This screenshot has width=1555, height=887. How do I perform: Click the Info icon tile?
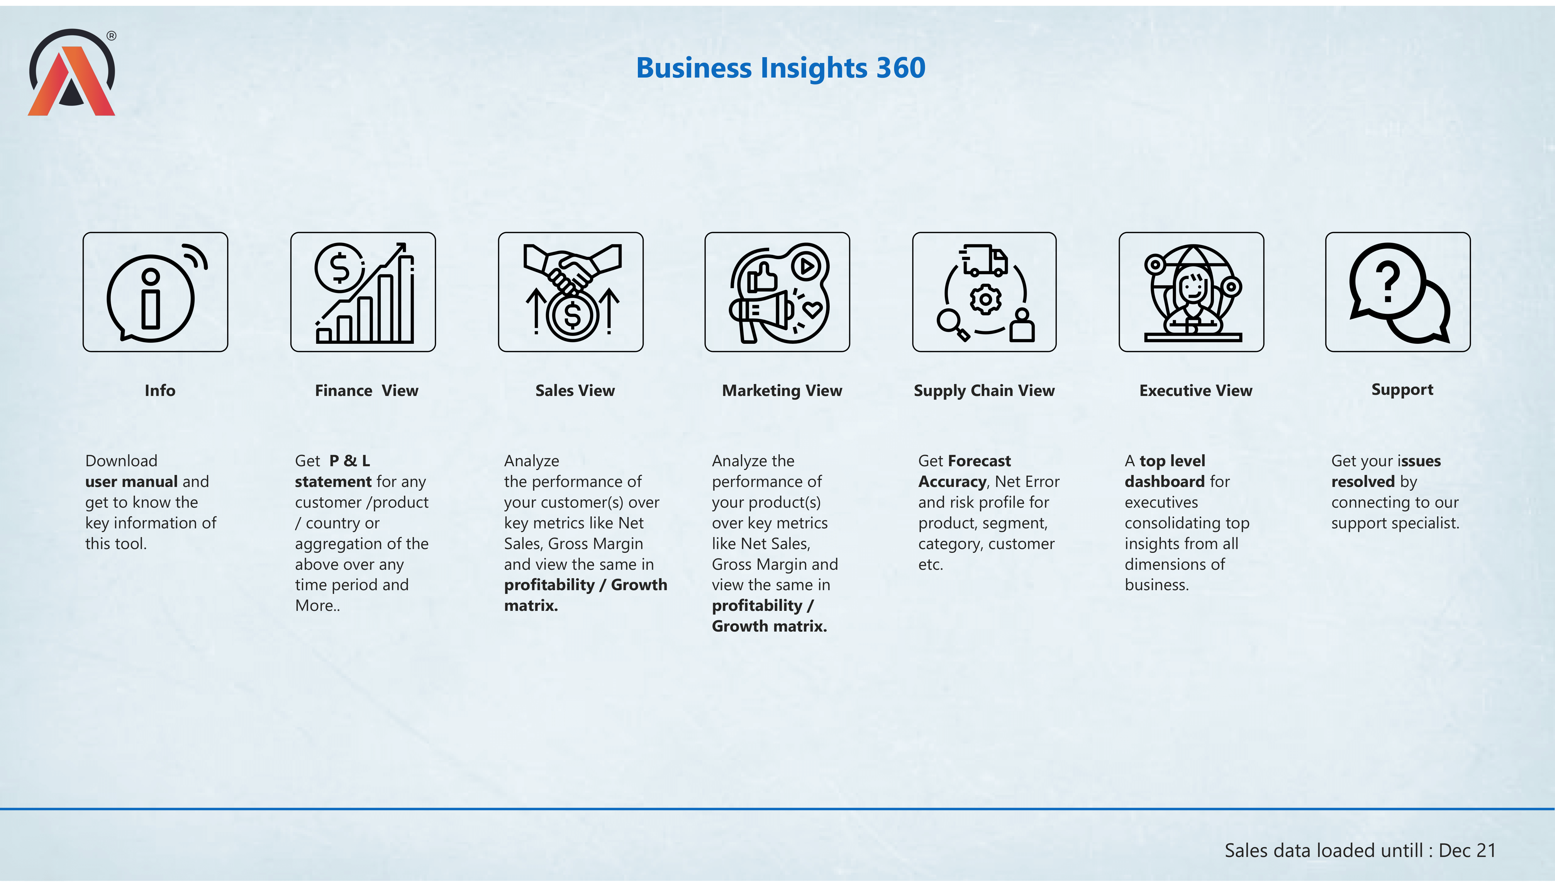pyautogui.click(x=155, y=292)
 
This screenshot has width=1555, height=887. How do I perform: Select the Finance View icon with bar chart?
pyautogui.click(x=363, y=292)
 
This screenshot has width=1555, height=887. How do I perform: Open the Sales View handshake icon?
pyautogui.click(x=571, y=292)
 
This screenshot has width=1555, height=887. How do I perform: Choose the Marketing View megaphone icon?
pyautogui.click(x=777, y=292)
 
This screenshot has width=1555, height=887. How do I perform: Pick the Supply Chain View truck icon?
pyautogui.click(x=984, y=292)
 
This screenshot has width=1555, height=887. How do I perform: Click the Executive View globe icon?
pyautogui.click(x=1191, y=292)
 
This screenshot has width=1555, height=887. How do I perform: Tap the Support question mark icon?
pyautogui.click(x=1398, y=292)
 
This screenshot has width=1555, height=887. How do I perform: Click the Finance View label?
pyautogui.click(x=367, y=390)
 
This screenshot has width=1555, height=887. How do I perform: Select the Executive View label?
pyautogui.click(x=1196, y=390)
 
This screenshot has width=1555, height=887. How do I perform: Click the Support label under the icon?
pyautogui.click(x=1402, y=390)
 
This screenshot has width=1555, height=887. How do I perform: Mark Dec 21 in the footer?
pyautogui.click(x=1467, y=851)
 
